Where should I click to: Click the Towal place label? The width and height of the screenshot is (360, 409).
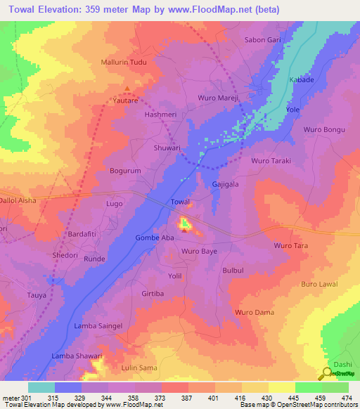[x=180, y=202]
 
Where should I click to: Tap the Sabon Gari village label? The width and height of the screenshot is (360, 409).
[x=262, y=40]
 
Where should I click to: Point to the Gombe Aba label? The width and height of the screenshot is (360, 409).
[x=154, y=238]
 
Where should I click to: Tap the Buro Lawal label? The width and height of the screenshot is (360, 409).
[x=319, y=284]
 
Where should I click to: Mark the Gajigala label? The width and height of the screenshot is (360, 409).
[x=226, y=183]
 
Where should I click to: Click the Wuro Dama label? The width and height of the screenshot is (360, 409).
[x=253, y=311]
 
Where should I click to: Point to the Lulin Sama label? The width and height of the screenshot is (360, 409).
[x=139, y=368]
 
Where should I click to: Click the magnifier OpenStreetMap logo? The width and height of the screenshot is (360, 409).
[x=328, y=373]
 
